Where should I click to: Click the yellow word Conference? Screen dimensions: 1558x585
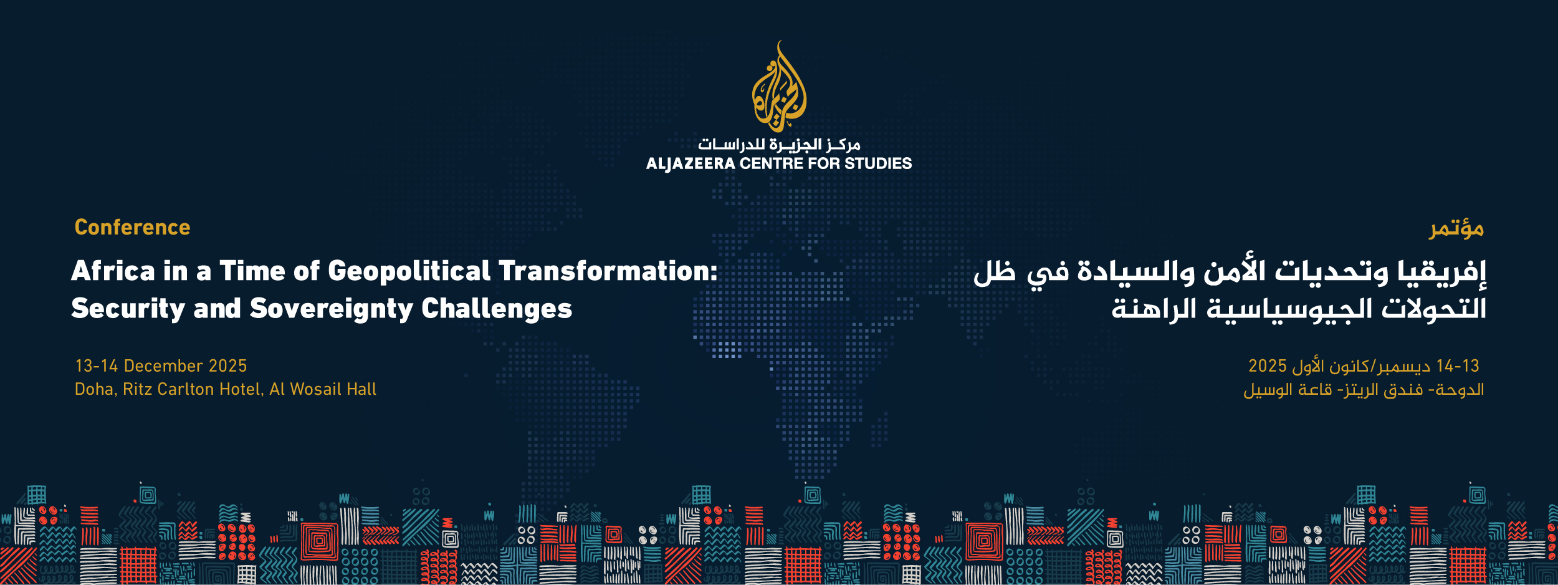coord(132,228)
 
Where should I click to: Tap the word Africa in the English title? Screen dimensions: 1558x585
coord(113,271)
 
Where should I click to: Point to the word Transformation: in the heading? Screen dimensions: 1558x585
coord(608,271)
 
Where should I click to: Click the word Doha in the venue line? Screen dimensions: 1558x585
coord(96,390)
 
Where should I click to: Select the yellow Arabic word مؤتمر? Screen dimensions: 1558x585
coord(1456,229)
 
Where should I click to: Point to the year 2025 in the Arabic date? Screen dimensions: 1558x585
coord(1268,366)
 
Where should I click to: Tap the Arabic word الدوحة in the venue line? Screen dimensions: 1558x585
coord(1461,390)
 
